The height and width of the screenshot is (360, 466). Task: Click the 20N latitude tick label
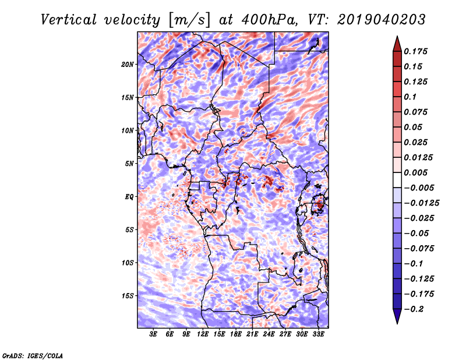click(x=128, y=64)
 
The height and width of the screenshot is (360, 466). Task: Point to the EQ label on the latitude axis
click(x=129, y=196)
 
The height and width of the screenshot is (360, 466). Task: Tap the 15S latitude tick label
click(x=128, y=295)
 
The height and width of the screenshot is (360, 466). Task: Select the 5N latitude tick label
click(x=129, y=163)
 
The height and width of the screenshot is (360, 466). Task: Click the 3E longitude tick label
click(x=154, y=335)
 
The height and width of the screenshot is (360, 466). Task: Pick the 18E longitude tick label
click(x=236, y=335)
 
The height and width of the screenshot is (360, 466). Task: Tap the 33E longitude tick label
click(x=318, y=335)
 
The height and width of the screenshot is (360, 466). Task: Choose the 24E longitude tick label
click(x=269, y=335)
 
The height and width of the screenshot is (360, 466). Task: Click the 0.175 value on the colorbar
click(x=418, y=51)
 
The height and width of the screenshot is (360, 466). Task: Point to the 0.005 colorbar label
click(x=418, y=172)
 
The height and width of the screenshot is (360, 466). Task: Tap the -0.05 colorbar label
click(x=417, y=233)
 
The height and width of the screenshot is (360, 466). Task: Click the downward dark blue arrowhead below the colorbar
click(x=396, y=316)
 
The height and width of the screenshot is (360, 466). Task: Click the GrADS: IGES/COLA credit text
click(x=32, y=355)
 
